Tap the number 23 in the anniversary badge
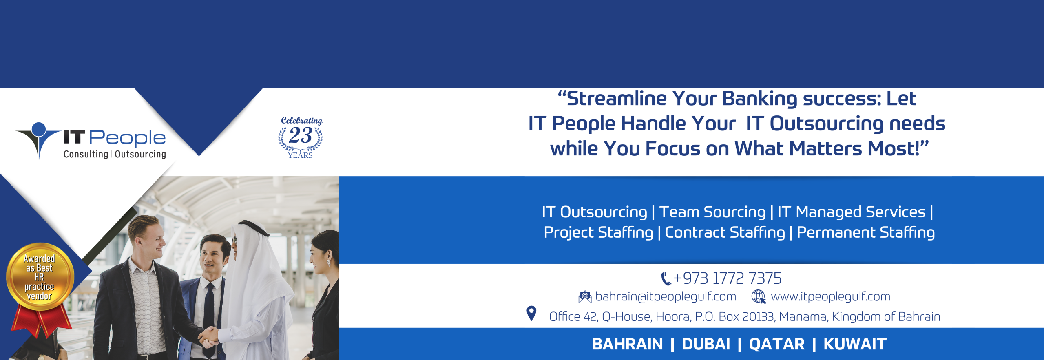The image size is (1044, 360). (301, 135)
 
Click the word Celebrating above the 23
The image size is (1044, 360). (301, 121)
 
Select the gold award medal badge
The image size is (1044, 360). (40, 276)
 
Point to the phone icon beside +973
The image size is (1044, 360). (666, 279)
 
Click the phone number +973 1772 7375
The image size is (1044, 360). (727, 278)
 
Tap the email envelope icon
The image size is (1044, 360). (585, 297)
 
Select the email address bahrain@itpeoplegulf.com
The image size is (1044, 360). (666, 296)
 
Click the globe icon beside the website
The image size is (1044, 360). (759, 296)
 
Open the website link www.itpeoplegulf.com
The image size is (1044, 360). (830, 296)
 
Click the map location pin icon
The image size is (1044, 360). (531, 314)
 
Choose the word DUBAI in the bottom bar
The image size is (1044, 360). (706, 344)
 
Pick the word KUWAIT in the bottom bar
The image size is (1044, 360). (855, 344)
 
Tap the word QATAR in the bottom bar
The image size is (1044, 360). (776, 344)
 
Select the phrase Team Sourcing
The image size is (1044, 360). (712, 212)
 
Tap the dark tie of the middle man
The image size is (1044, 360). (209, 310)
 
